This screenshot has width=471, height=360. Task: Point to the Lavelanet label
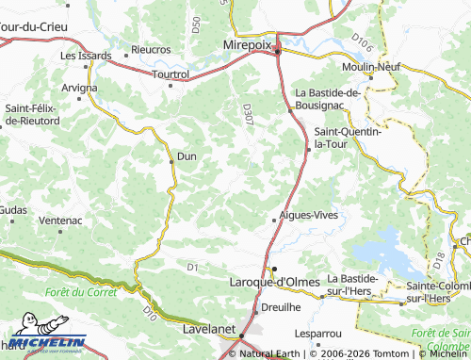tap(208, 332)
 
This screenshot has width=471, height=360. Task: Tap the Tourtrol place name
tap(171, 74)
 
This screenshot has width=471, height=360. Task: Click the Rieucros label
tap(151, 49)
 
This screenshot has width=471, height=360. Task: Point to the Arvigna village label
tap(79, 88)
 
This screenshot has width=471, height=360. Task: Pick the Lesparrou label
tap(317, 333)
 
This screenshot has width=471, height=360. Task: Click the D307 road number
tap(248, 115)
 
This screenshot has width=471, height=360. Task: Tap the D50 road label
tap(195, 24)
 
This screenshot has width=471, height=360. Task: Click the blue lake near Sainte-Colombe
tap(385, 248)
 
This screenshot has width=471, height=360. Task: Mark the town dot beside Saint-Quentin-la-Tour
tap(308, 149)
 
